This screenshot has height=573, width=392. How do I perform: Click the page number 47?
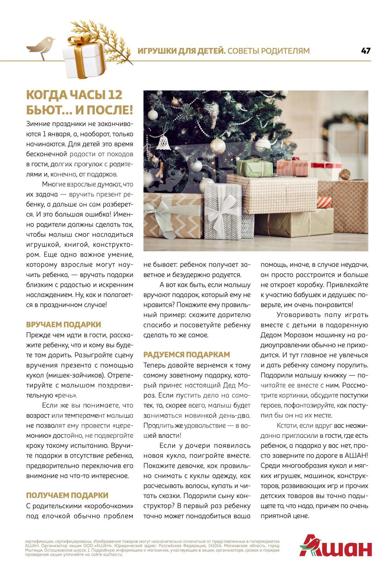[365, 51]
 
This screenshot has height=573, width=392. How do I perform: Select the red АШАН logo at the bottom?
[336, 546]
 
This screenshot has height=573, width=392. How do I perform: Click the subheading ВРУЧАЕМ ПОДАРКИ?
[64, 325]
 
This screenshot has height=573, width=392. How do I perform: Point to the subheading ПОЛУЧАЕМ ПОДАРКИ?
[67, 495]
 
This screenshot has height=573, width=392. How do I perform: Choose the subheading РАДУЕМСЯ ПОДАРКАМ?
[187, 355]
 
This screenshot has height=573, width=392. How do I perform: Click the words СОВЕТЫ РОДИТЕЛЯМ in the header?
[269, 51]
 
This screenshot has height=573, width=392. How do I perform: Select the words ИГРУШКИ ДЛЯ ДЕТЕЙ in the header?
[181, 51]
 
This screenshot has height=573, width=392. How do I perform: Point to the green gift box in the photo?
[255, 168]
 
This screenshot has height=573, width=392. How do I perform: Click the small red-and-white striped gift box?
[324, 202]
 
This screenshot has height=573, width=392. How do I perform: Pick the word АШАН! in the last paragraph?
[356, 455]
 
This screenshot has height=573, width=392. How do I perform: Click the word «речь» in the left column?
[67, 395]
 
